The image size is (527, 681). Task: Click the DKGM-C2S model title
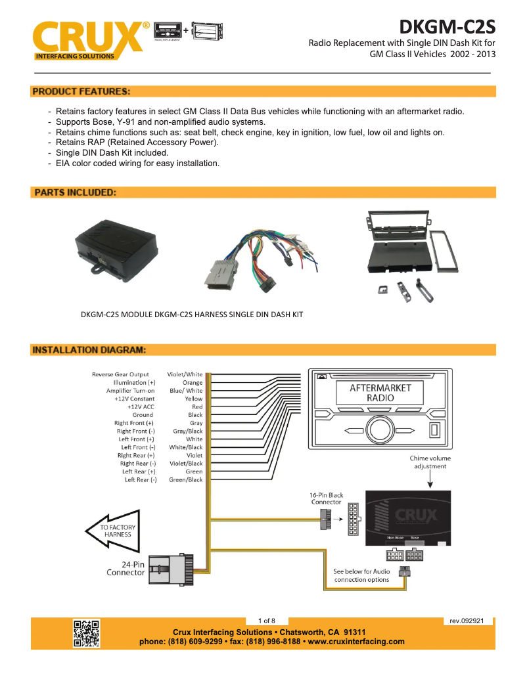tap(447, 27)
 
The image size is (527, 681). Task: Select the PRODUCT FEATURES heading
tap(81, 91)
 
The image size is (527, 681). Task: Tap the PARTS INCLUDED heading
tap(75, 193)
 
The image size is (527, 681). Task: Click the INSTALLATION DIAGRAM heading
tap(89, 350)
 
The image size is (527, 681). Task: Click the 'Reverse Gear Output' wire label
tap(120, 374)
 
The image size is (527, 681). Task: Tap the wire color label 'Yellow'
tap(193, 399)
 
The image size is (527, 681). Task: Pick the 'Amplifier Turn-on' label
tap(131, 391)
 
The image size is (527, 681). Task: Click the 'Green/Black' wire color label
tap(186, 480)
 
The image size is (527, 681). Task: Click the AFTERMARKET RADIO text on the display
tap(380, 393)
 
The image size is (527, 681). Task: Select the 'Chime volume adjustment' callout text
tap(430, 462)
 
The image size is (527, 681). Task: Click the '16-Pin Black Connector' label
tap(327, 498)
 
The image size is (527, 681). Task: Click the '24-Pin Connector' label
tap(126, 568)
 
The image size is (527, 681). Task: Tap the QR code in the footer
tap(86, 633)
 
